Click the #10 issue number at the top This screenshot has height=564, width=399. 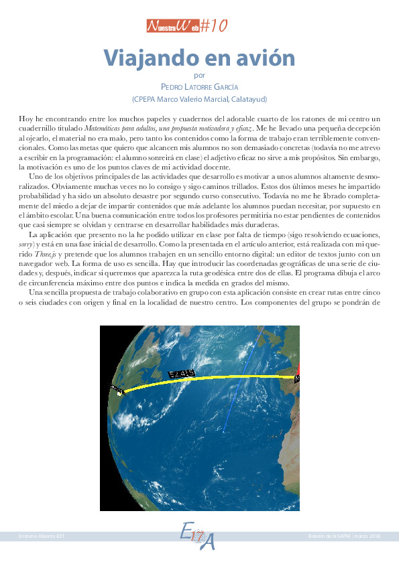point(214,26)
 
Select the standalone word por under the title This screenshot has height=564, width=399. point(199,75)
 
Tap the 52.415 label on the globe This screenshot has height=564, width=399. point(182,373)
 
